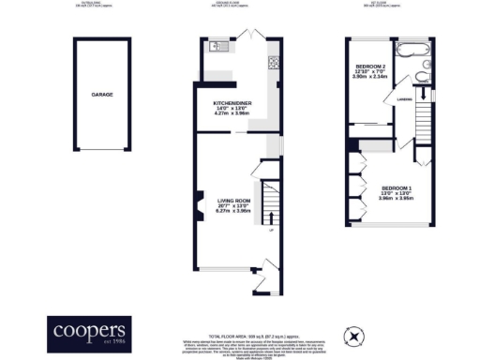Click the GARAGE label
click(x=102, y=96)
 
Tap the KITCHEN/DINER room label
click(x=232, y=102)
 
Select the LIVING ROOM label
click(x=232, y=201)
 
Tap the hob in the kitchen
click(x=273, y=65)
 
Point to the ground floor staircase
click(x=270, y=201)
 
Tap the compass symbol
click(x=353, y=334)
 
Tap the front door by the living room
click(x=270, y=272)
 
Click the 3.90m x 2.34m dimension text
click(x=370, y=77)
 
